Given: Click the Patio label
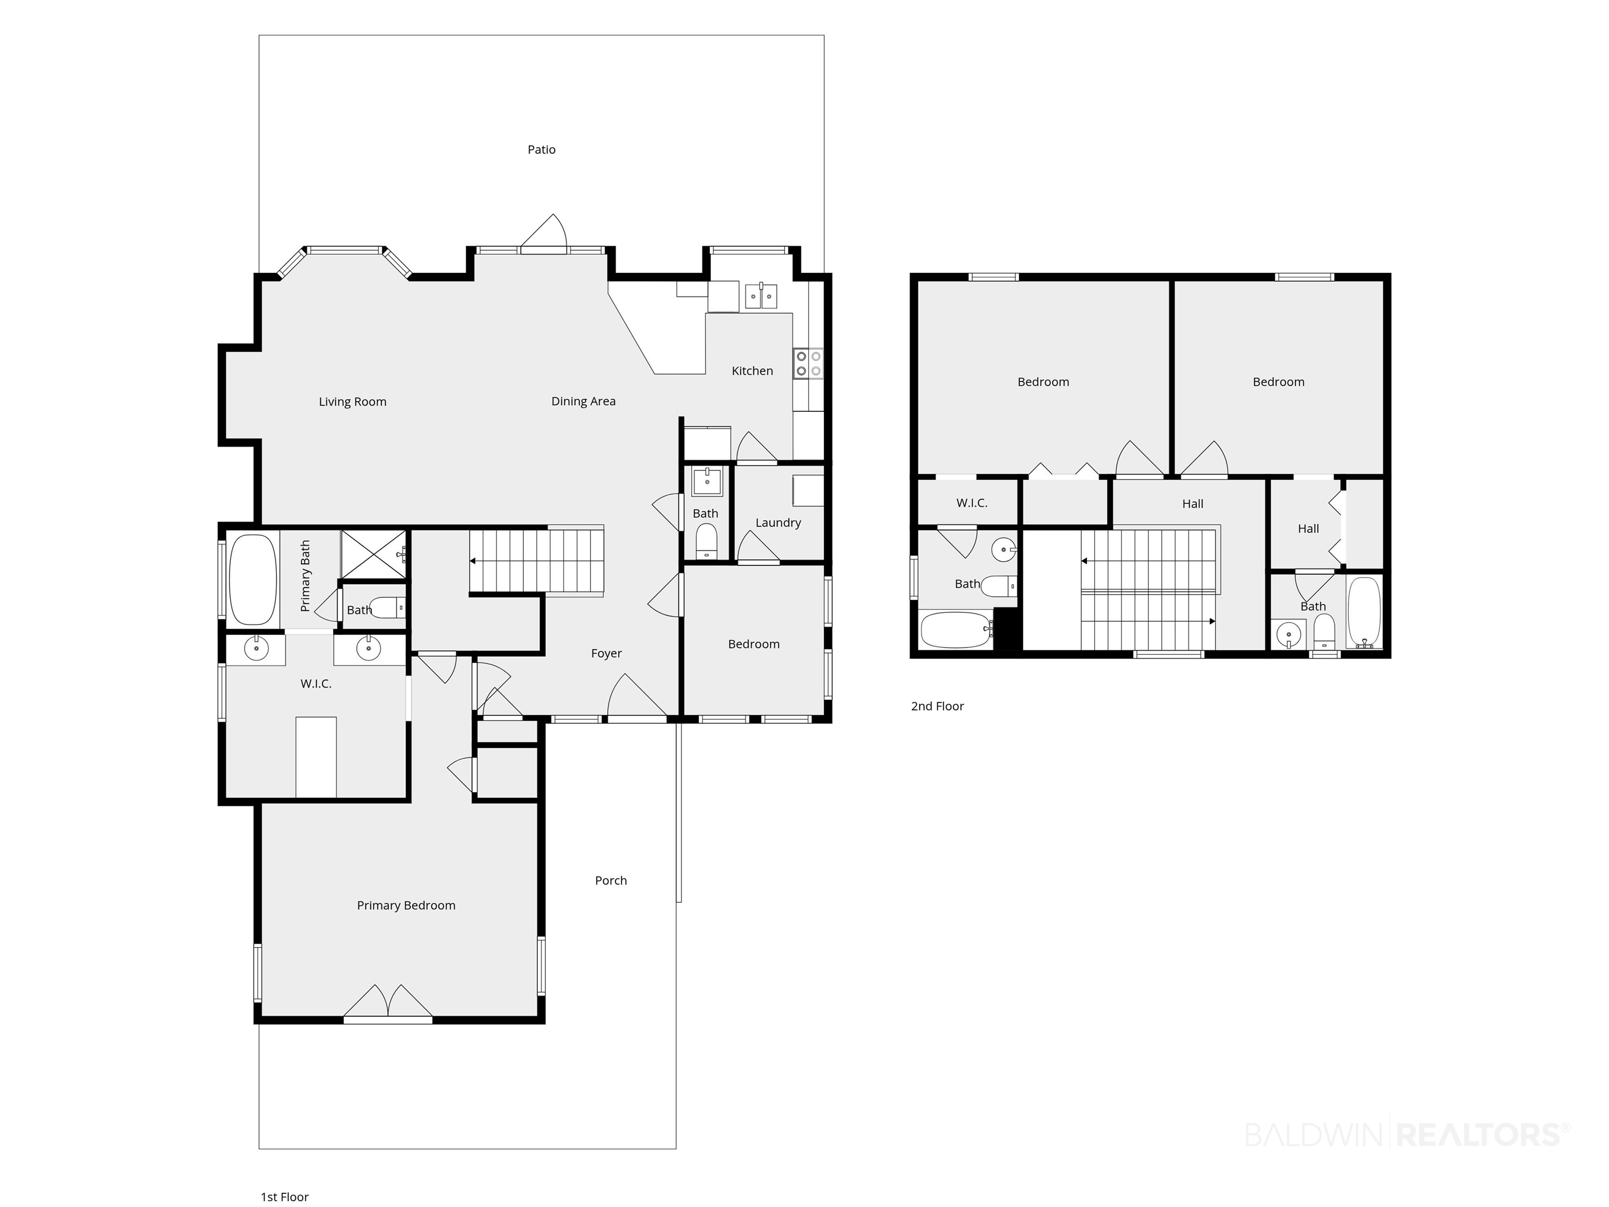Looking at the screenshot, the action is click(x=541, y=150).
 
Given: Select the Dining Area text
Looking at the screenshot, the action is click(x=583, y=401).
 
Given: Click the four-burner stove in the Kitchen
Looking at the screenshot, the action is click(x=808, y=364).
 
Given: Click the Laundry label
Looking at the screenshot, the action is click(x=778, y=522).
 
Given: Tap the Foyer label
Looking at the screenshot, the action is click(x=606, y=653).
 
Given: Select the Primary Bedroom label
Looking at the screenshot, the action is click(x=406, y=905).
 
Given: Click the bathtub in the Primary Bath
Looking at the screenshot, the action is click(x=252, y=580).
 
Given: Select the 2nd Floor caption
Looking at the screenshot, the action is click(x=937, y=706).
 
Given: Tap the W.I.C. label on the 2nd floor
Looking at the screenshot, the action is click(x=972, y=503).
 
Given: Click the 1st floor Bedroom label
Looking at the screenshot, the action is click(x=754, y=644).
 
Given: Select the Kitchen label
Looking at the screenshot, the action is click(x=752, y=371).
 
